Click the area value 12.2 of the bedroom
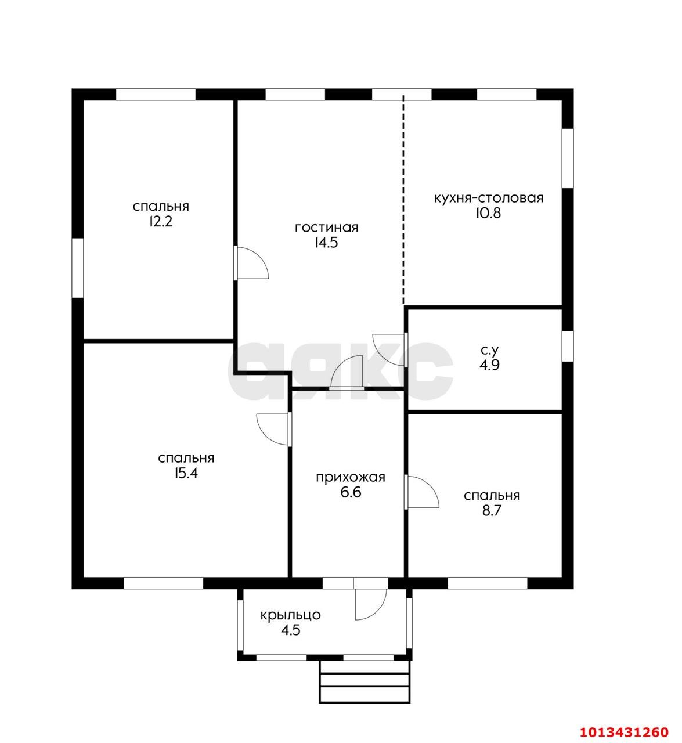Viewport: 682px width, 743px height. (x=161, y=222)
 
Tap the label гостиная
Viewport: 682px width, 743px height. (x=327, y=228)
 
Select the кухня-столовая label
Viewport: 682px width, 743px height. (x=489, y=198)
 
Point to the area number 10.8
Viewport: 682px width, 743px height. (x=488, y=214)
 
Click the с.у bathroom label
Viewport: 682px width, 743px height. (x=489, y=349)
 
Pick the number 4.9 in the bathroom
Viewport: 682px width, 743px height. (x=489, y=366)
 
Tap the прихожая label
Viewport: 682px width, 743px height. (x=351, y=478)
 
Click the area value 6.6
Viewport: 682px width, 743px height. (x=351, y=493)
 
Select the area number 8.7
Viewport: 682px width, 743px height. (x=492, y=511)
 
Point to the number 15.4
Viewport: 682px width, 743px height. (x=186, y=473)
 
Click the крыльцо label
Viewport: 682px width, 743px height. (x=290, y=615)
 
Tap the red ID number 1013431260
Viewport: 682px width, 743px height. (x=624, y=732)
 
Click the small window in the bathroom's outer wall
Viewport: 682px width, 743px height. (x=568, y=346)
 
